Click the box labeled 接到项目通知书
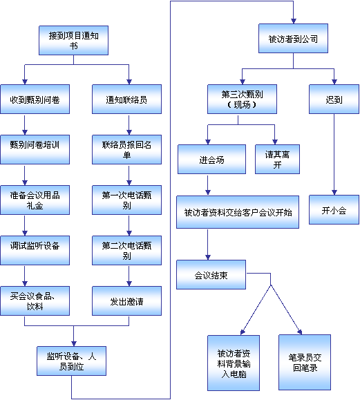click(73, 40)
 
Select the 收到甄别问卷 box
click(35, 99)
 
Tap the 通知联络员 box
click(127, 99)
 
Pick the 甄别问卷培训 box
click(35, 149)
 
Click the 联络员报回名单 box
click(127, 149)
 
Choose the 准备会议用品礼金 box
click(35, 200)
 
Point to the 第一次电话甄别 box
click(127, 200)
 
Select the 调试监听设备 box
click(35, 250)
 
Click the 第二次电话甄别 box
click(127, 250)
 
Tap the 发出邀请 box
click(127, 301)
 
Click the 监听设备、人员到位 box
click(71, 361)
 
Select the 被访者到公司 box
click(294, 39)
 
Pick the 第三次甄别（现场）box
click(242, 99)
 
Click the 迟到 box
click(334, 99)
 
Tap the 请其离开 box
click(277, 160)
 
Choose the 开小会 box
click(334, 210)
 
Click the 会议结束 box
click(211, 274)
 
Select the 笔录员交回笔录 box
click(305, 362)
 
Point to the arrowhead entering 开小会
click(334, 193)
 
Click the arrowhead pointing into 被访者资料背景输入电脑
click(243, 332)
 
